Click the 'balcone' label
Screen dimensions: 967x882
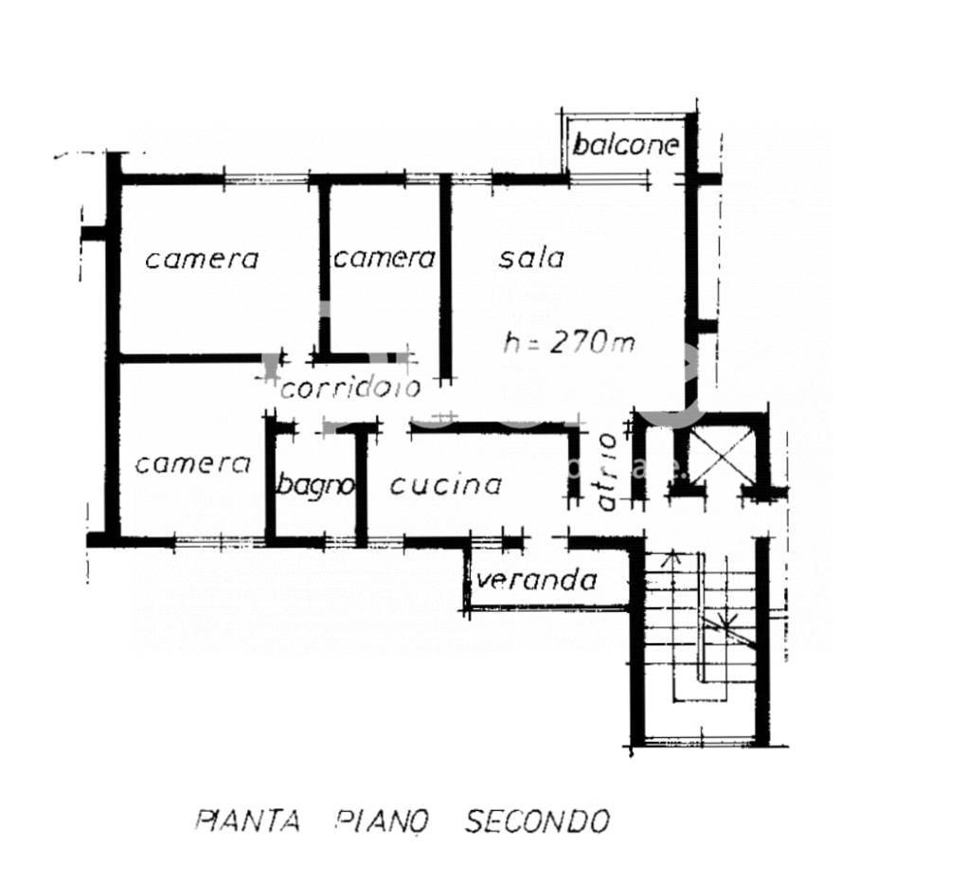[625, 146]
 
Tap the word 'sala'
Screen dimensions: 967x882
[531, 259]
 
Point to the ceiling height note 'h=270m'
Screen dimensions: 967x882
[568, 342]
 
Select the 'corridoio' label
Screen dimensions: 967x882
[350, 387]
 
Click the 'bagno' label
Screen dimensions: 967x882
[315, 485]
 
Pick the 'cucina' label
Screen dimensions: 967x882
[445, 485]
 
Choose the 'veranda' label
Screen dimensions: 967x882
[537, 580]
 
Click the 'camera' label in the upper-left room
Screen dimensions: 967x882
[202, 259]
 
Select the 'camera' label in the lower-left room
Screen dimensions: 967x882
[192, 464]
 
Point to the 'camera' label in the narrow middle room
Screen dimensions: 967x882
[385, 259]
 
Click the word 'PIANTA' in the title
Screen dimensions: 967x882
[248, 821]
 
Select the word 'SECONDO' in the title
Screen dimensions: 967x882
[537, 821]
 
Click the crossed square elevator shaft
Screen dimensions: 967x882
[722, 456]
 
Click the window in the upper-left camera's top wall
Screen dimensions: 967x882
[266, 179]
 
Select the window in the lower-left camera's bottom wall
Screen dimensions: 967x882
[220, 542]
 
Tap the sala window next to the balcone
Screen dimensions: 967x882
[608, 179]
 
